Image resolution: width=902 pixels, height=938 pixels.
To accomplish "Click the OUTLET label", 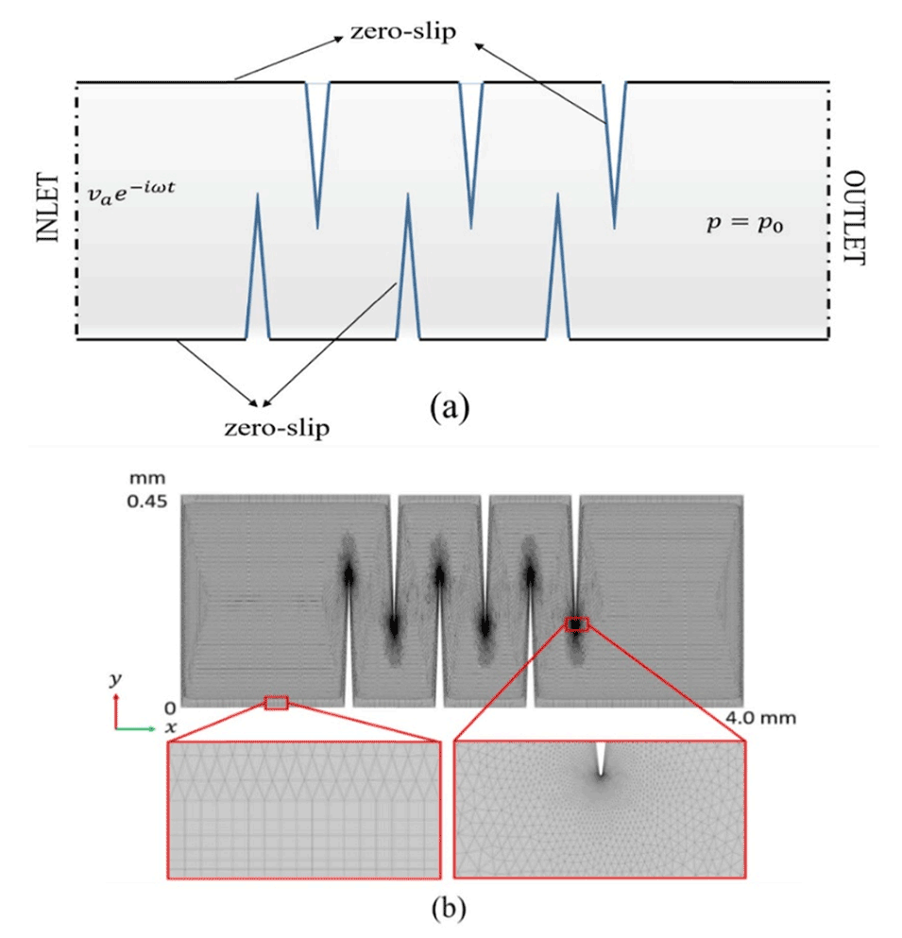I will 854,219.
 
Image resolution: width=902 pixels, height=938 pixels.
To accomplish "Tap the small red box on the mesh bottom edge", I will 276,702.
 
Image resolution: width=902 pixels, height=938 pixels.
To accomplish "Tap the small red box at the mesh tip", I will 576,623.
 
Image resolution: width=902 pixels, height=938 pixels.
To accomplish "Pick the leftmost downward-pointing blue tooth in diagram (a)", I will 316,151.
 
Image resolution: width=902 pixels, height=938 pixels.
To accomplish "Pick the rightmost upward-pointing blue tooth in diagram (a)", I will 558,269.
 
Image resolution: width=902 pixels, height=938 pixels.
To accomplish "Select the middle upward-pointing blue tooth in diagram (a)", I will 407,269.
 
